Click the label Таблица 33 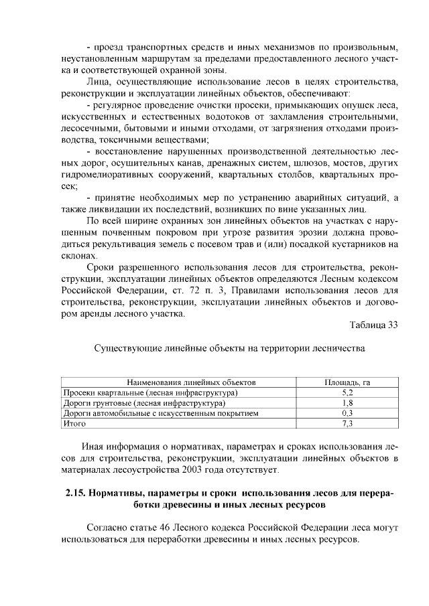point(373,325)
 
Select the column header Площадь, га point(347,382)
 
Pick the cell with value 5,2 point(347,393)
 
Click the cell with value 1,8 point(347,403)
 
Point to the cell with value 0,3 point(347,414)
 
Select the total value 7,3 point(347,424)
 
